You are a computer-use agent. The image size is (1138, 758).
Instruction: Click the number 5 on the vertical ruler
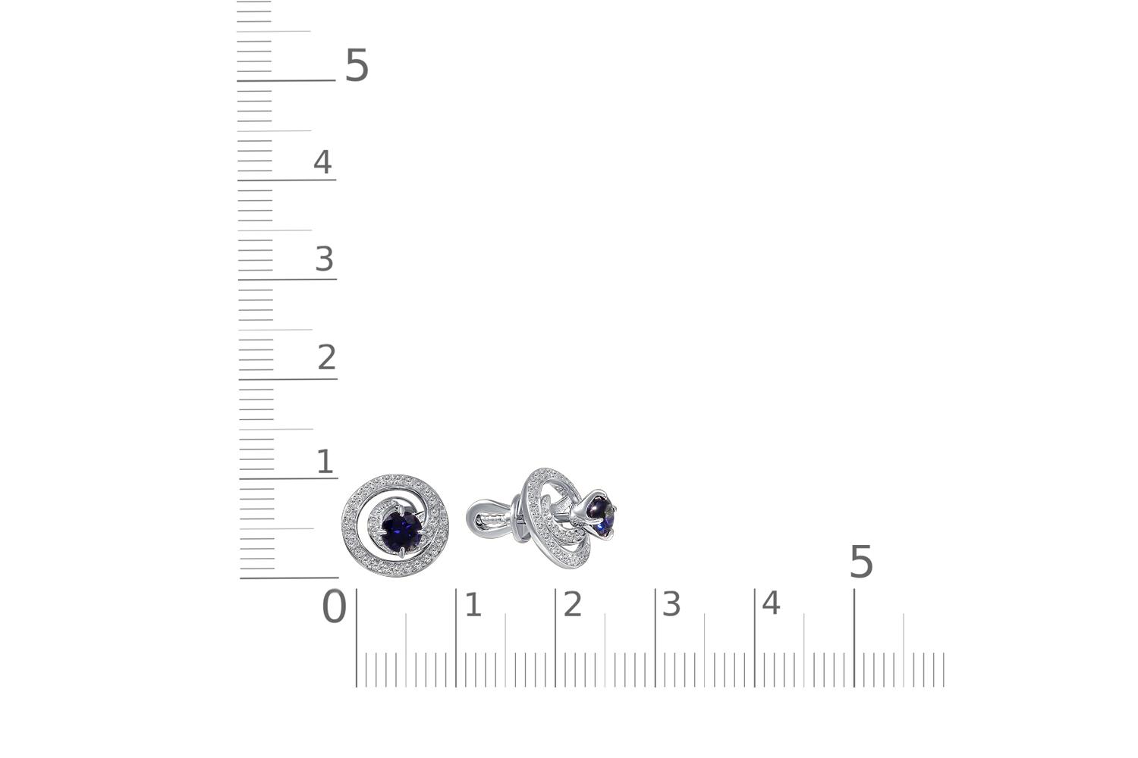click(357, 65)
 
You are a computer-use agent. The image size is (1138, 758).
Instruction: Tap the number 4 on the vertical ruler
click(322, 162)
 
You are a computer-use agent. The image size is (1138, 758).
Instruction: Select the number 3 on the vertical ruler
click(325, 258)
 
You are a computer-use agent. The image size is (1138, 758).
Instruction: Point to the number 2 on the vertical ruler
click(327, 357)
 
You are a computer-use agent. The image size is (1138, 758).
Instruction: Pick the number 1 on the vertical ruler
click(325, 462)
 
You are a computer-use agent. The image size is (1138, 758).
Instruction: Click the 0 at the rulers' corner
click(335, 606)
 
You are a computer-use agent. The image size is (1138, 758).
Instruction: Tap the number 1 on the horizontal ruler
click(473, 605)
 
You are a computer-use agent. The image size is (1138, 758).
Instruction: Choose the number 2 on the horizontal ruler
click(573, 605)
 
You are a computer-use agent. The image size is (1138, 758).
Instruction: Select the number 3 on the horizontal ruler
click(671, 605)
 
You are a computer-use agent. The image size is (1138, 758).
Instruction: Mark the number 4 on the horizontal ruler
click(771, 603)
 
